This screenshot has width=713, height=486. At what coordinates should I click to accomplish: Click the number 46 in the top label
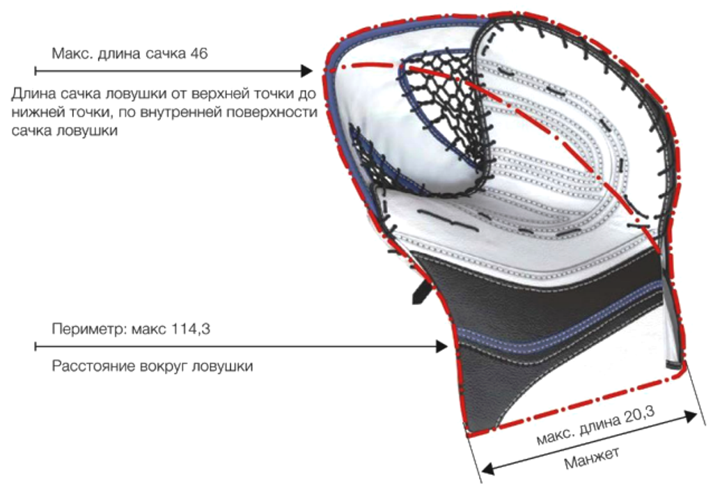198,54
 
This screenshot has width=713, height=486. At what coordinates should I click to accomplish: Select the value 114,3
190,329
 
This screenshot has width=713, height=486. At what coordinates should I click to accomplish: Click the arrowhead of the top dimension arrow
306,70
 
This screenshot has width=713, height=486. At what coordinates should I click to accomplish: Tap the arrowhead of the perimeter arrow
441,347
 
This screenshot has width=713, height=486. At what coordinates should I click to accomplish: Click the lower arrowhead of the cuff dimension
487,469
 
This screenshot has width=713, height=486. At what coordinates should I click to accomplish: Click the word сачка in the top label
165,54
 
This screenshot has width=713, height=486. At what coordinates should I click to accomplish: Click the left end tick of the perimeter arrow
36,347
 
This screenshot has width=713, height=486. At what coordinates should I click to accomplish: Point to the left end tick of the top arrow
36,70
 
